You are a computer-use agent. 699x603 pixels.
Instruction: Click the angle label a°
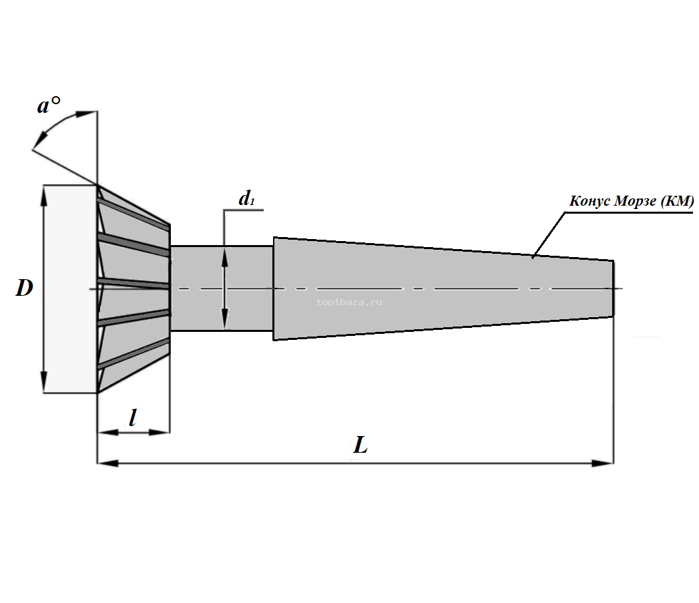click(48, 105)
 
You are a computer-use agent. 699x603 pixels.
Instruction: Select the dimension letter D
click(25, 289)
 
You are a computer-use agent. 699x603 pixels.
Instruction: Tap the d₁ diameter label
click(247, 198)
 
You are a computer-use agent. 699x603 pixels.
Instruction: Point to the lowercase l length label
click(133, 418)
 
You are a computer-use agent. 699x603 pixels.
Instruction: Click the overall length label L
click(361, 445)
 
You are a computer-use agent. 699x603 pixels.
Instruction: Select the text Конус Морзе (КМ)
click(631, 201)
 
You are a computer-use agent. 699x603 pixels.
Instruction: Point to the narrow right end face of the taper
click(613, 288)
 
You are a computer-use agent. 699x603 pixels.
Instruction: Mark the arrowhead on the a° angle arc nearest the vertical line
click(87, 114)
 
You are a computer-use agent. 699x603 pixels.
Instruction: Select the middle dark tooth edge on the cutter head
click(134, 284)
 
